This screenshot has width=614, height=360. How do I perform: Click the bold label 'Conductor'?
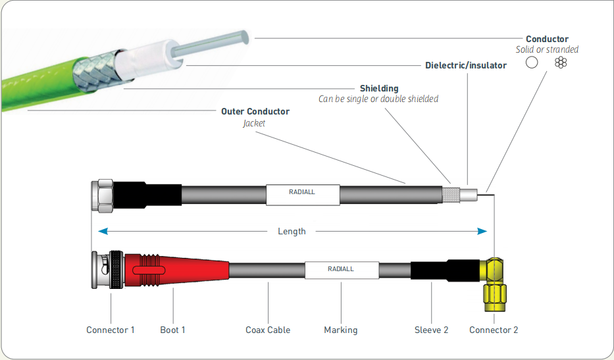[547, 39]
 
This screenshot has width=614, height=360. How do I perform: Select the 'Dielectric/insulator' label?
[466, 65]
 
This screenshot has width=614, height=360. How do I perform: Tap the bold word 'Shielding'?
[378, 88]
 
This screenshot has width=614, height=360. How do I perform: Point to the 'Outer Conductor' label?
[255, 111]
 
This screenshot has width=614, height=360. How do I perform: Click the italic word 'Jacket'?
[255, 122]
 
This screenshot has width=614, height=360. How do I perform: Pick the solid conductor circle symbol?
[532, 63]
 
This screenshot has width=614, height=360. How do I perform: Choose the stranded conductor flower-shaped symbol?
[560, 63]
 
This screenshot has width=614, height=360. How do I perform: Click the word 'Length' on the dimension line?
[292, 231]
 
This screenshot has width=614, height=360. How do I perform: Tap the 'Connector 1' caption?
[111, 330]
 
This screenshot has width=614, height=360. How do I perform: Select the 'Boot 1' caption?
[173, 330]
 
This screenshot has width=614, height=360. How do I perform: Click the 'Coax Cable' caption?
[268, 330]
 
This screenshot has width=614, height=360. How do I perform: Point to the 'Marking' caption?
[341, 330]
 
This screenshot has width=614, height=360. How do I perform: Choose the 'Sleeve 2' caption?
[431, 330]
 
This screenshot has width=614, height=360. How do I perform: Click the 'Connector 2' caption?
[494, 330]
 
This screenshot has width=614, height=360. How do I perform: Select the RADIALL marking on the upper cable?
[303, 193]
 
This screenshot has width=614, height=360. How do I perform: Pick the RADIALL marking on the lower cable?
[341, 269]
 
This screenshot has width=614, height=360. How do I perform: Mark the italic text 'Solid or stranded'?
[547, 49]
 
